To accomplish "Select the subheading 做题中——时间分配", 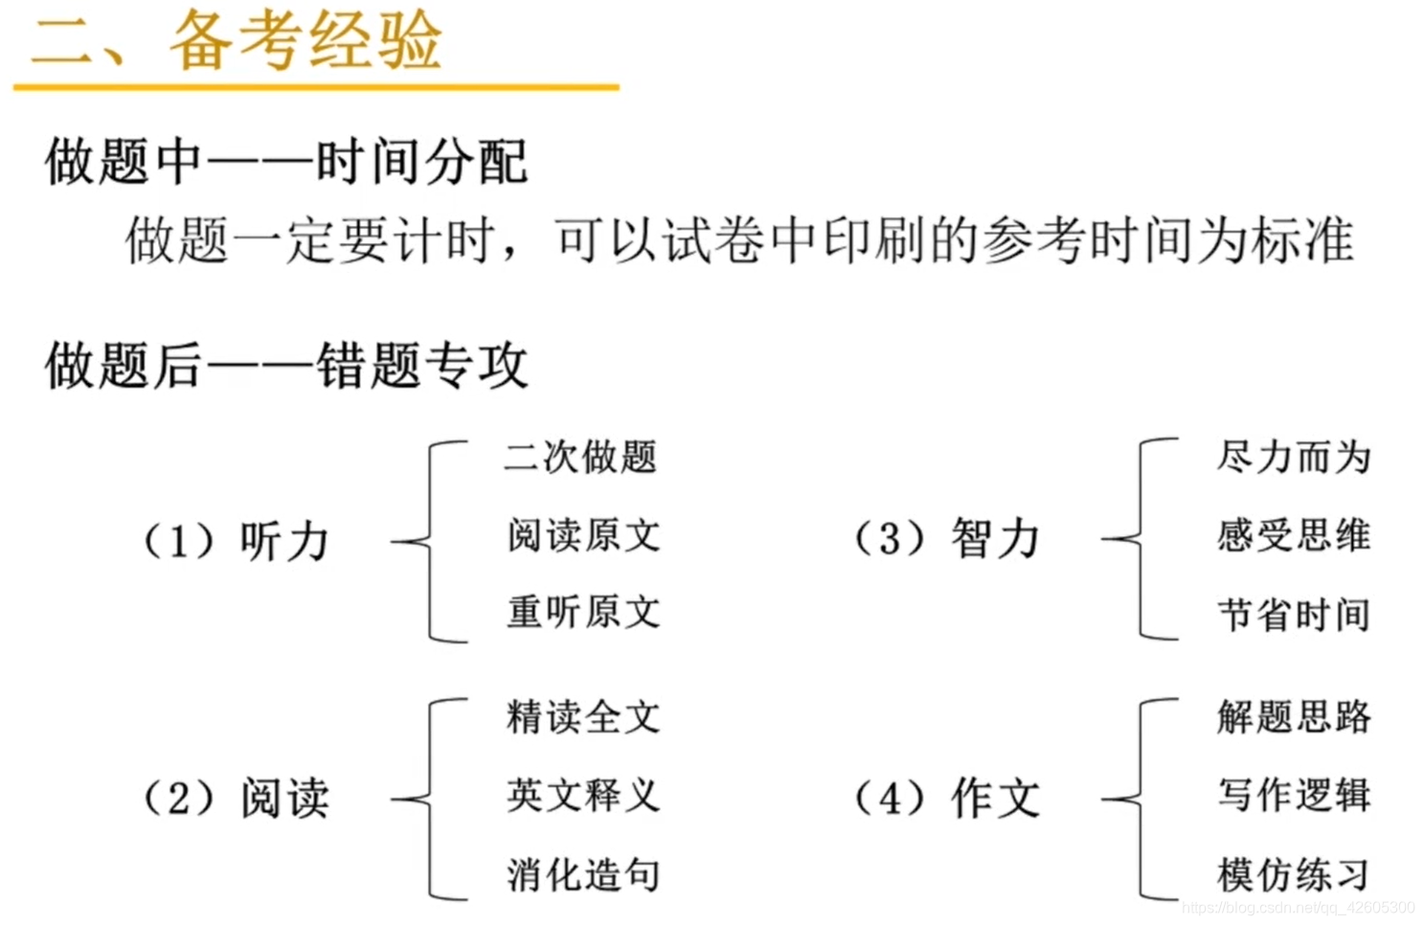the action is point(285,161).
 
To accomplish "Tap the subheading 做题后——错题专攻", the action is point(285,365).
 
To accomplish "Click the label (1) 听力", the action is point(236,541).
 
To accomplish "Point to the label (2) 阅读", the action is point(236,798).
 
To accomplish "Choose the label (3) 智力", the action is point(946,538).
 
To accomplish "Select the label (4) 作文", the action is point(946,798).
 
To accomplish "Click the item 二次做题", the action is point(580,457).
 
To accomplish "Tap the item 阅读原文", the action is point(583,535).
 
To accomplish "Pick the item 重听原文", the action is point(583,612).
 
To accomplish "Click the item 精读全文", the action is point(583,717).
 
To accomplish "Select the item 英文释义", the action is point(583,795).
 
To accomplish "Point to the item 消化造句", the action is point(583,874).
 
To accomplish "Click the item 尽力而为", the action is point(1294,457).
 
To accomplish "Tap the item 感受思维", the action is point(1294,535).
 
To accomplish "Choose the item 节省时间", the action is point(1294,614).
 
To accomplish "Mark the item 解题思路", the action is point(1294,717).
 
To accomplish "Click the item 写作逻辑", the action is point(1294,795).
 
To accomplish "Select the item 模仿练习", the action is point(1294,874).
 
